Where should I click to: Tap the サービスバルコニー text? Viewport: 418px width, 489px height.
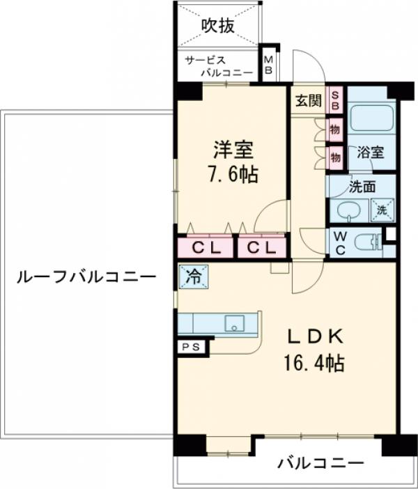point(217,66)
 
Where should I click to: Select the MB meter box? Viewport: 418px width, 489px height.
point(268,65)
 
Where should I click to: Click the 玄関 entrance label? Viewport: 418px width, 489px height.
point(307,100)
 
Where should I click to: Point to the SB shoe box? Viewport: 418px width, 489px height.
point(336,100)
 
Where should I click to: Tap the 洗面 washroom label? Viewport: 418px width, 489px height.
point(362,186)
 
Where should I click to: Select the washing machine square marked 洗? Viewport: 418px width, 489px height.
point(382,208)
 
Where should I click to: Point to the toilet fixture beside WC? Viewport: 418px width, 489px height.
point(365,242)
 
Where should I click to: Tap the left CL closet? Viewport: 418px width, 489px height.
point(207,247)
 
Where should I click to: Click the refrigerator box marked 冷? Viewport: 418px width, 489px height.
point(192,276)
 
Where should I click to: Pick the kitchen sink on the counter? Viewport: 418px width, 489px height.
point(235,323)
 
